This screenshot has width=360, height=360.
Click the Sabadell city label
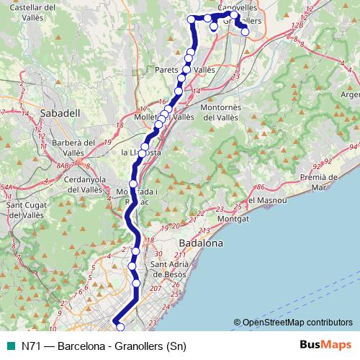tap(60, 113)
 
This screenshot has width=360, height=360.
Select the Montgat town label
tap(233, 217)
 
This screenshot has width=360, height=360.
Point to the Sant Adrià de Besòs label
tap(168, 269)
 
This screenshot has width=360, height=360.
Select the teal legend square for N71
tap(9, 346)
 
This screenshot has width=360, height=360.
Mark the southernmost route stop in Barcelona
tap(120, 328)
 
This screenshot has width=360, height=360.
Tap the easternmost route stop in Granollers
tap(246, 31)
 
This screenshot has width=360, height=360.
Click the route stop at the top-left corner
tap(192, 19)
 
